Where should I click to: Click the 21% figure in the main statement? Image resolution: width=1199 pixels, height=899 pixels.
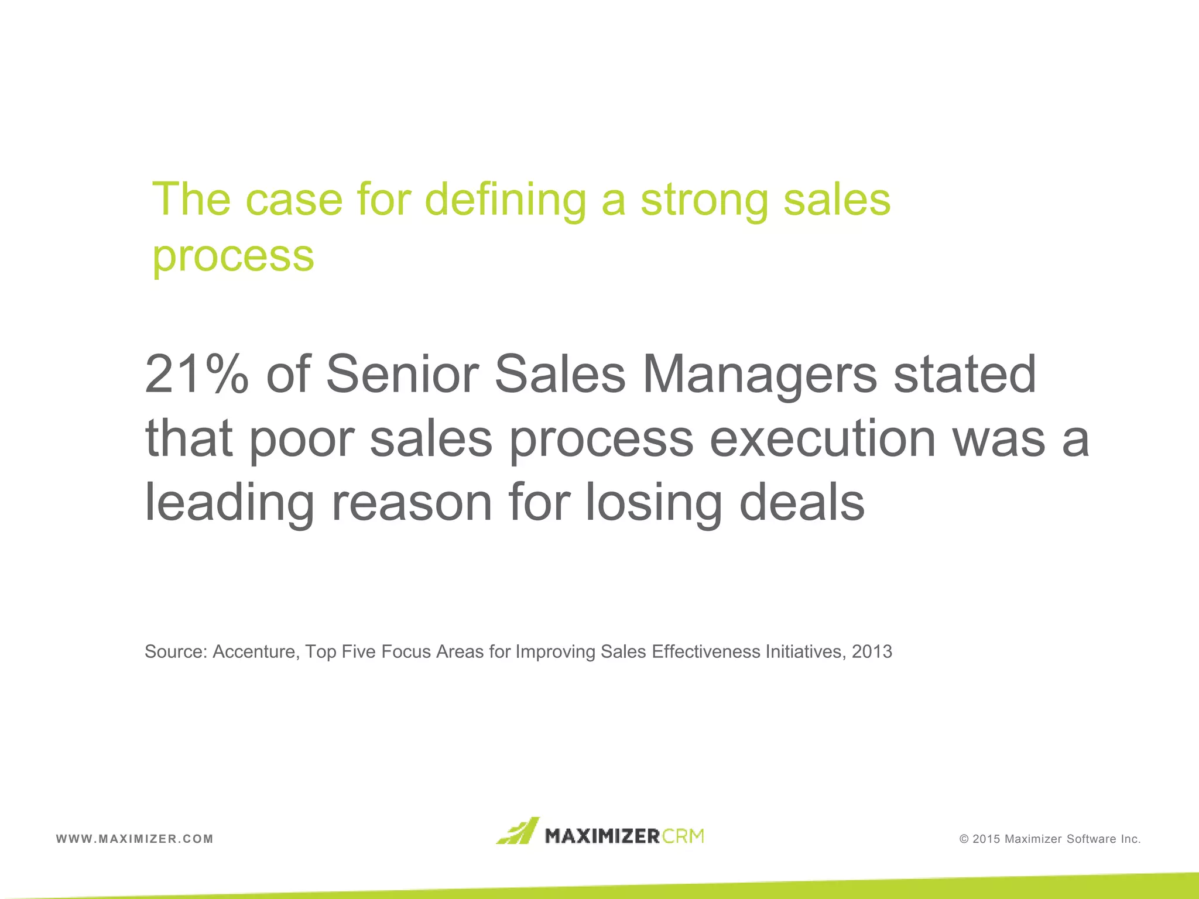point(197,375)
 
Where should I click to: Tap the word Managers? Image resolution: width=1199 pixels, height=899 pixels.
point(760,375)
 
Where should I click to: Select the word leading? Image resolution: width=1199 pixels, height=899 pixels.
point(229,503)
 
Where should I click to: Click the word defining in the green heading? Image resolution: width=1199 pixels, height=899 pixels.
point(505,200)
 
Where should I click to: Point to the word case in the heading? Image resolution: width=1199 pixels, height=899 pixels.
point(294,200)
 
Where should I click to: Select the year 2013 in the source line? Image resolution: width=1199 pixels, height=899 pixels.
point(872,652)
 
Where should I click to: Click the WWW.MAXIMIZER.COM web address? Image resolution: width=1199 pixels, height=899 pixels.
point(135,839)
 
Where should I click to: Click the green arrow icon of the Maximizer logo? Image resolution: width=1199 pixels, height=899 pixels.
point(518,831)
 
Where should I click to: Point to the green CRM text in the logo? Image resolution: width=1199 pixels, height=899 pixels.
point(683,836)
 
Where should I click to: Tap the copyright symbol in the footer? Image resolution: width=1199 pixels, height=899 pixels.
point(964,839)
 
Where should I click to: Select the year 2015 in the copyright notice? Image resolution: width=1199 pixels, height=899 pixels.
point(986,839)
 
